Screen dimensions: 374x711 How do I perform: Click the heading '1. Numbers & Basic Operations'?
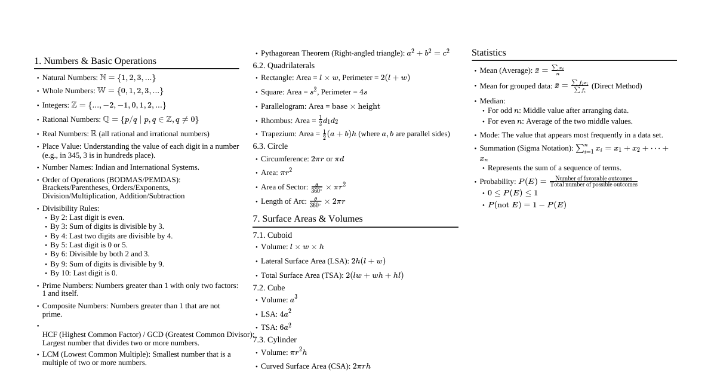coord(95,61)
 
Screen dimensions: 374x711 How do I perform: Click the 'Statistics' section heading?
coord(488,53)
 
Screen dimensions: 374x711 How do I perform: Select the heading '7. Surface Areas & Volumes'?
coord(307,219)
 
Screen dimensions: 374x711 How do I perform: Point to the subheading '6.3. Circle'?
coord(270,146)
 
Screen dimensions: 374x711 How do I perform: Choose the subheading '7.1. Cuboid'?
coord(272,235)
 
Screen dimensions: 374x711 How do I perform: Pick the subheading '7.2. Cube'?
coord(269,288)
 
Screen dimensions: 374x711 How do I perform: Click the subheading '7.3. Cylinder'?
coord(275,340)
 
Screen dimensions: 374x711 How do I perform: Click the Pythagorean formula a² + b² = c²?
coord(428,53)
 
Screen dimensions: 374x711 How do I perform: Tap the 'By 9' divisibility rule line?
coord(107,264)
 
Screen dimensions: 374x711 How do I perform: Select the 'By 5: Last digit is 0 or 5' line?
coord(89,245)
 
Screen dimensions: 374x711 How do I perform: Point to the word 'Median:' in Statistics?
coord(493,101)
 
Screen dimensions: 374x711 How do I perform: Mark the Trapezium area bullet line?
coord(355,134)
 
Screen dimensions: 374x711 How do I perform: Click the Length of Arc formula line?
coord(303,201)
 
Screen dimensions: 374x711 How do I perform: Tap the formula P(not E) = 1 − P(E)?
coord(527,205)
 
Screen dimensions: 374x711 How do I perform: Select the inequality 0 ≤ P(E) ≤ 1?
coord(513,193)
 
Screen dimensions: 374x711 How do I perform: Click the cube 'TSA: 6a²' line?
coord(276,327)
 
